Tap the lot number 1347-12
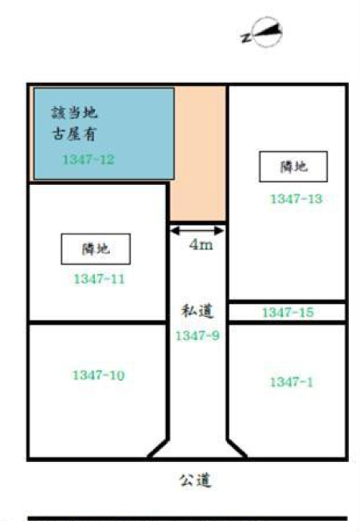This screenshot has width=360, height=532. [x=88, y=159]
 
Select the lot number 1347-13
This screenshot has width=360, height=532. [x=296, y=199]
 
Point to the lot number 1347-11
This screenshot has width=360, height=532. [x=100, y=280]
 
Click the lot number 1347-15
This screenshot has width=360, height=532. [x=288, y=312]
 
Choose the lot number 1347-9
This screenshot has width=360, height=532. [x=198, y=336]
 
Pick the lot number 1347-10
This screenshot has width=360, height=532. [x=99, y=375]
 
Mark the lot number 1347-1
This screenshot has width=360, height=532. [x=292, y=382]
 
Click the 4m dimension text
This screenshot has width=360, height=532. [x=201, y=244]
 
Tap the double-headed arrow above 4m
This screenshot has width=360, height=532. [x=198, y=231]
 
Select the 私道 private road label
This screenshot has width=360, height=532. [x=198, y=311]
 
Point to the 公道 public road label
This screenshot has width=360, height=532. [x=195, y=480]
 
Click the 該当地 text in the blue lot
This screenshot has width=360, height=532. [x=75, y=112]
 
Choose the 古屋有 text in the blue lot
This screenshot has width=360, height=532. [x=75, y=133]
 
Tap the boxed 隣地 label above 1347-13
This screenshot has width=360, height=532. [x=294, y=166]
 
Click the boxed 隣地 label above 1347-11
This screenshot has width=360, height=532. [x=96, y=248]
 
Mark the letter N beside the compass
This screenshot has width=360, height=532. [x=246, y=37]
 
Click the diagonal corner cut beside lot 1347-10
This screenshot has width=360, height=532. [x=158, y=449]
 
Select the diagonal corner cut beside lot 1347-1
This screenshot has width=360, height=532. [x=237, y=449]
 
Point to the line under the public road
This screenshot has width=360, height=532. [x=188, y=518]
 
